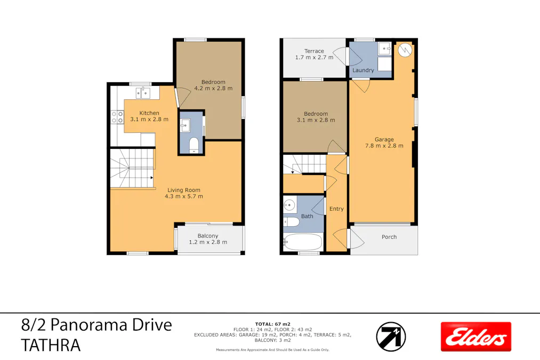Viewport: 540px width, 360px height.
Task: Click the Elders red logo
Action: pos(475,337)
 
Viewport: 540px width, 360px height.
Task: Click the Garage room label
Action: pos(384,140)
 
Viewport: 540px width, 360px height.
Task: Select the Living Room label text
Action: pos(184,190)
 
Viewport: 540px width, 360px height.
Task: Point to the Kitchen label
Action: pos(149,113)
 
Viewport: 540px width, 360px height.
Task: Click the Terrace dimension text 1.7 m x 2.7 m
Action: pos(314,58)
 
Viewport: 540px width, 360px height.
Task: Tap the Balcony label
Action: pos(208,236)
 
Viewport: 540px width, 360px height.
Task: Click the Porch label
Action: pos(389,237)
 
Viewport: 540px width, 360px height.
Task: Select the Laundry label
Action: pos(363,70)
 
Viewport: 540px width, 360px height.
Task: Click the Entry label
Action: pos(336,209)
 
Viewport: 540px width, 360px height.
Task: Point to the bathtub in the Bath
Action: pos(303,243)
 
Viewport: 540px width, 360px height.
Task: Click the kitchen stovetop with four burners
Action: pos(117,117)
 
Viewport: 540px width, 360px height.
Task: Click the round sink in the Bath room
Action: pos(290,204)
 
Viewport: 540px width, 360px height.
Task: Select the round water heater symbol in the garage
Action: pos(406,50)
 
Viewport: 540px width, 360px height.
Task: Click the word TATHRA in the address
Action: pos(51,346)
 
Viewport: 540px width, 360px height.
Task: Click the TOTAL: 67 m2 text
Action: pos(272,324)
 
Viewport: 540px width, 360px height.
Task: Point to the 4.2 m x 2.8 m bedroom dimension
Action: pos(213,89)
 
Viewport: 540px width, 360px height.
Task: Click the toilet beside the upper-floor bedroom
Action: pos(193,144)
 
